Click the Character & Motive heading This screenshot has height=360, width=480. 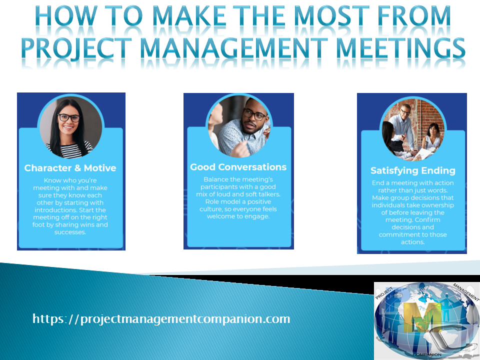coord(70,168)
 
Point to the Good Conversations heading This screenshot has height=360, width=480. coord(238,167)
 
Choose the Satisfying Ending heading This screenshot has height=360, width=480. coord(413,170)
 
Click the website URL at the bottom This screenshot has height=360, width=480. coord(161,318)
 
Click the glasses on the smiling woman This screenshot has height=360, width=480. coord(69,118)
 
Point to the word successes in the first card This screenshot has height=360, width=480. coord(70,232)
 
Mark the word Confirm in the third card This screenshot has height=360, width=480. coord(441,219)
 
